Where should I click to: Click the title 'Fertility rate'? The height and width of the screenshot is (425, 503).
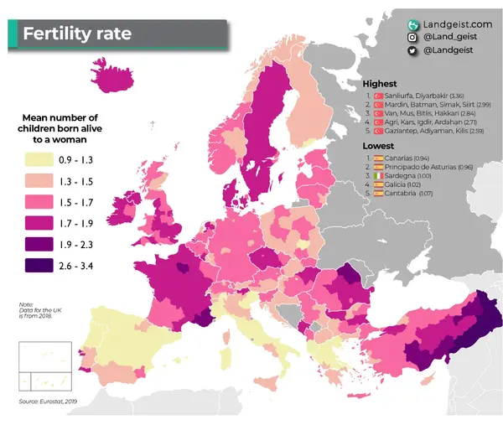click(x=77, y=35)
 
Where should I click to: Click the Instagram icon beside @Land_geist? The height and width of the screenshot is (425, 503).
click(x=413, y=38)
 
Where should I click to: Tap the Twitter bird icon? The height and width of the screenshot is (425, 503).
click(x=413, y=51)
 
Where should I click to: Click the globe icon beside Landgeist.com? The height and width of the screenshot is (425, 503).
click(x=413, y=24)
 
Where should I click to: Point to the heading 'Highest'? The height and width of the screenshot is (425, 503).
click(x=379, y=84)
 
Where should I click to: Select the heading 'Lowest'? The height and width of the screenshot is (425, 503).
click(x=377, y=145)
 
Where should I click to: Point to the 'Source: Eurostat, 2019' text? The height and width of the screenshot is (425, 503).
click(x=52, y=402)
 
